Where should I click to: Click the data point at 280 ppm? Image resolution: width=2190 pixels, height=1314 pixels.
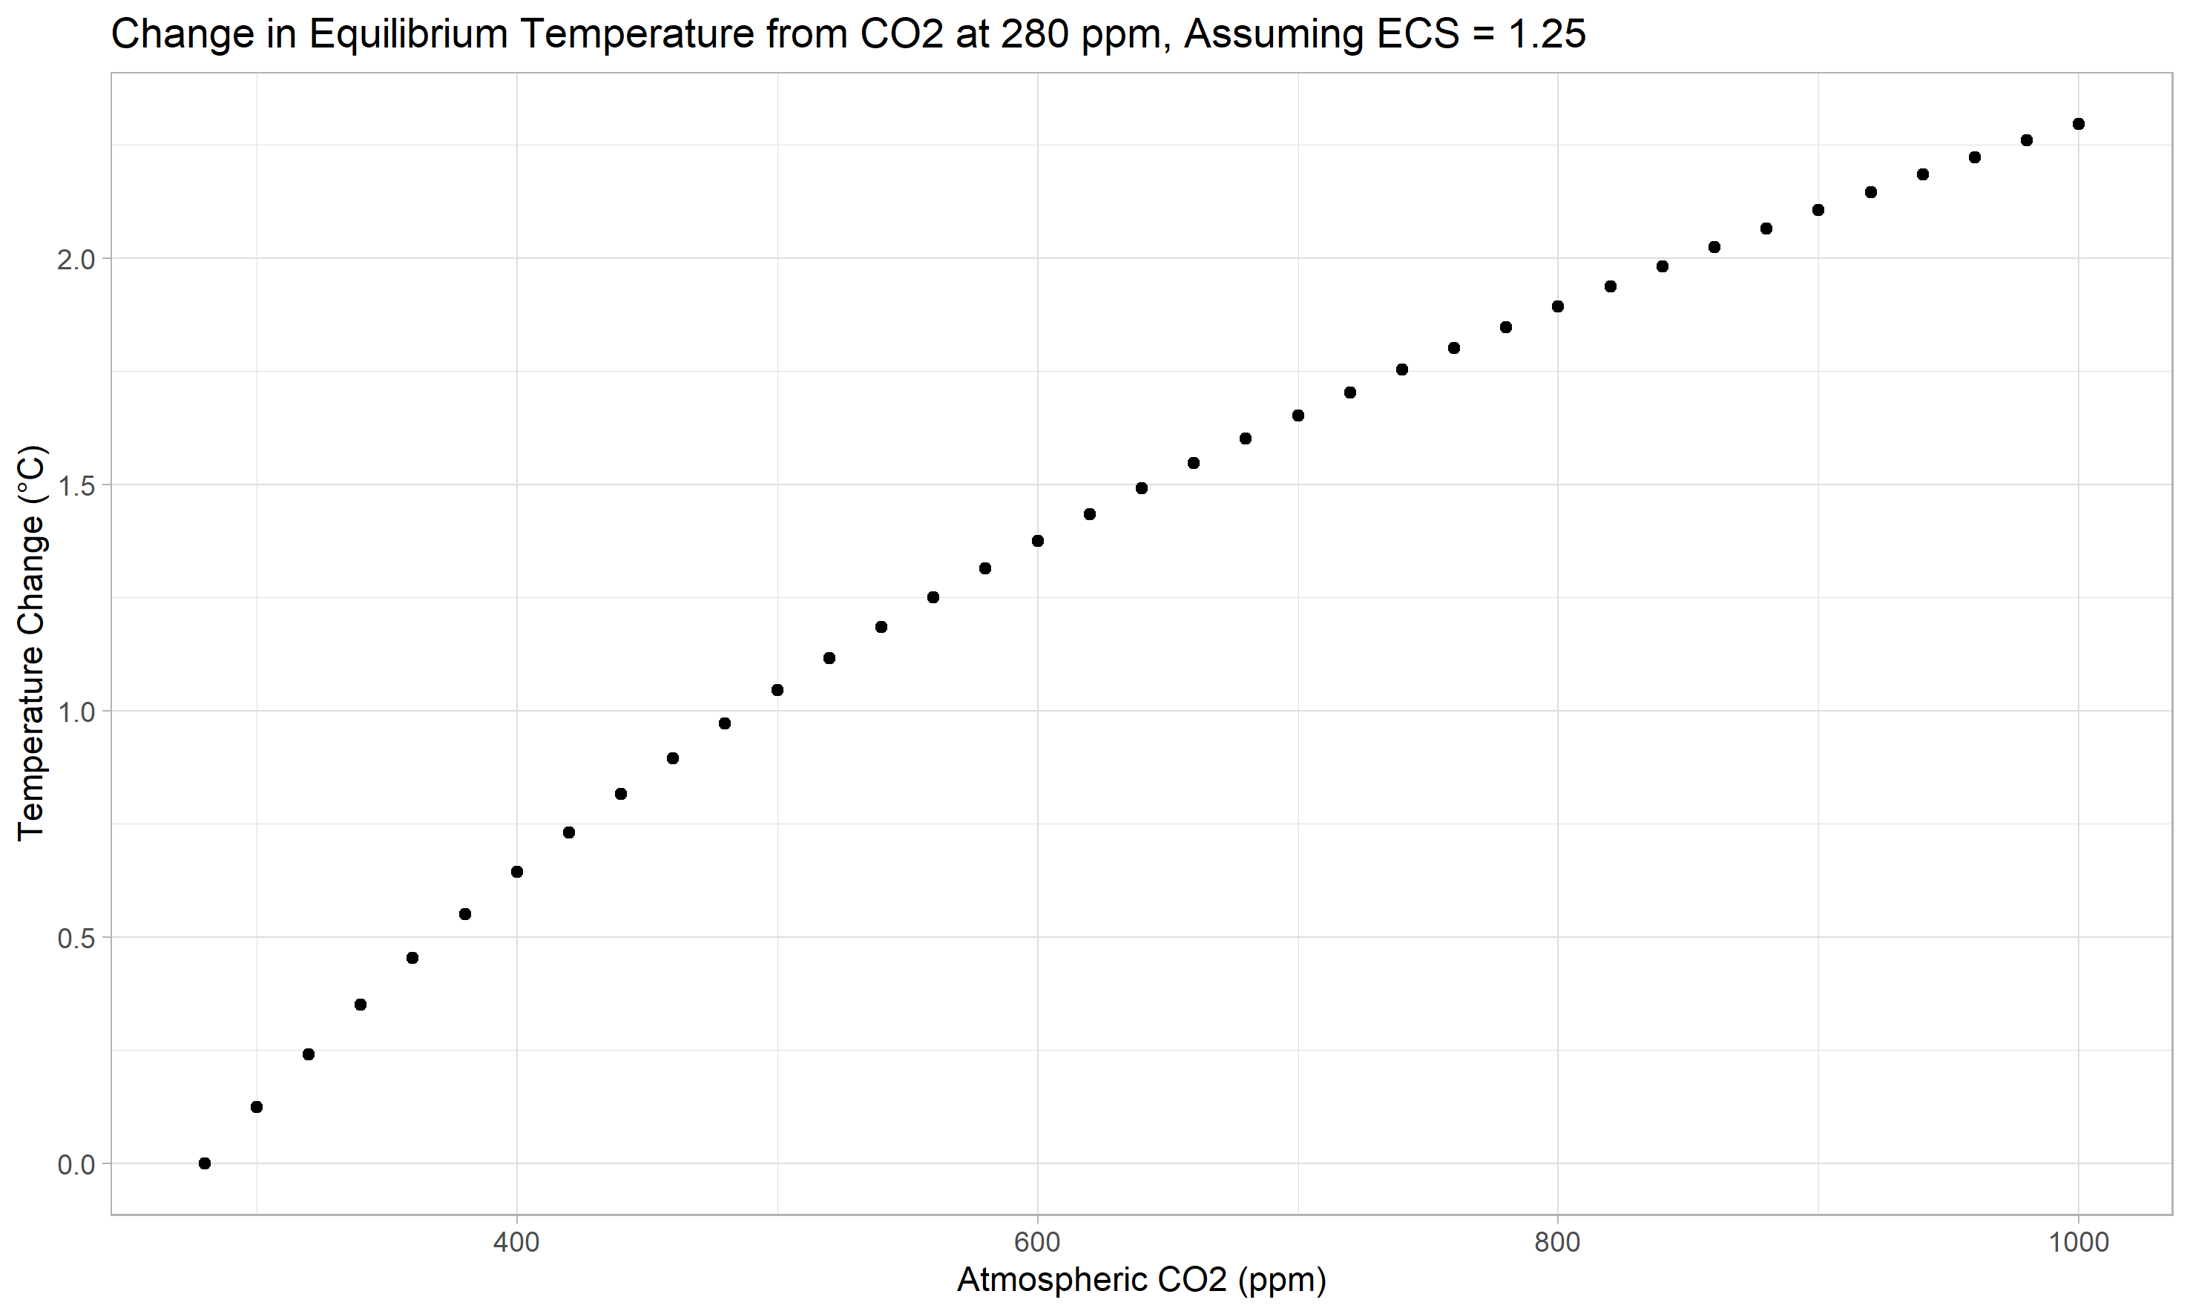pyautogui.click(x=205, y=1163)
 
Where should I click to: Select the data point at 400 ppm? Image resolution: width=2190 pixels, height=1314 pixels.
pyautogui.click(x=517, y=872)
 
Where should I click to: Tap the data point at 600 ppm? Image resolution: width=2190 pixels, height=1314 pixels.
pyautogui.click(x=1037, y=541)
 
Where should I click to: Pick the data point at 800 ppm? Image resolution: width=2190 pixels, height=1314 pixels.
pyautogui.click(x=1558, y=306)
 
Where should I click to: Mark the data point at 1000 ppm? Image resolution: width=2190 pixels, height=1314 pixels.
pyautogui.click(x=2079, y=124)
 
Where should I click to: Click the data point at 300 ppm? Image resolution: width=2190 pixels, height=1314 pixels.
pyautogui.click(x=257, y=1107)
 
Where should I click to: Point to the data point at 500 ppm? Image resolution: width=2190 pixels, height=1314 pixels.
pyautogui.click(x=777, y=690)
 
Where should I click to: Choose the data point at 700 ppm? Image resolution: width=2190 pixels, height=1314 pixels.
pyautogui.click(x=1298, y=415)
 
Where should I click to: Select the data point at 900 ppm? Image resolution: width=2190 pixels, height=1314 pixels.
pyautogui.click(x=1818, y=210)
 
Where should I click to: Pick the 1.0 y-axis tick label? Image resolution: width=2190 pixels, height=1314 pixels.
pyautogui.click(x=76, y=712)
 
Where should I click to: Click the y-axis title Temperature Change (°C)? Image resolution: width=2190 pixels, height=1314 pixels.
pyautogui.click(x=31, y=642)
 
